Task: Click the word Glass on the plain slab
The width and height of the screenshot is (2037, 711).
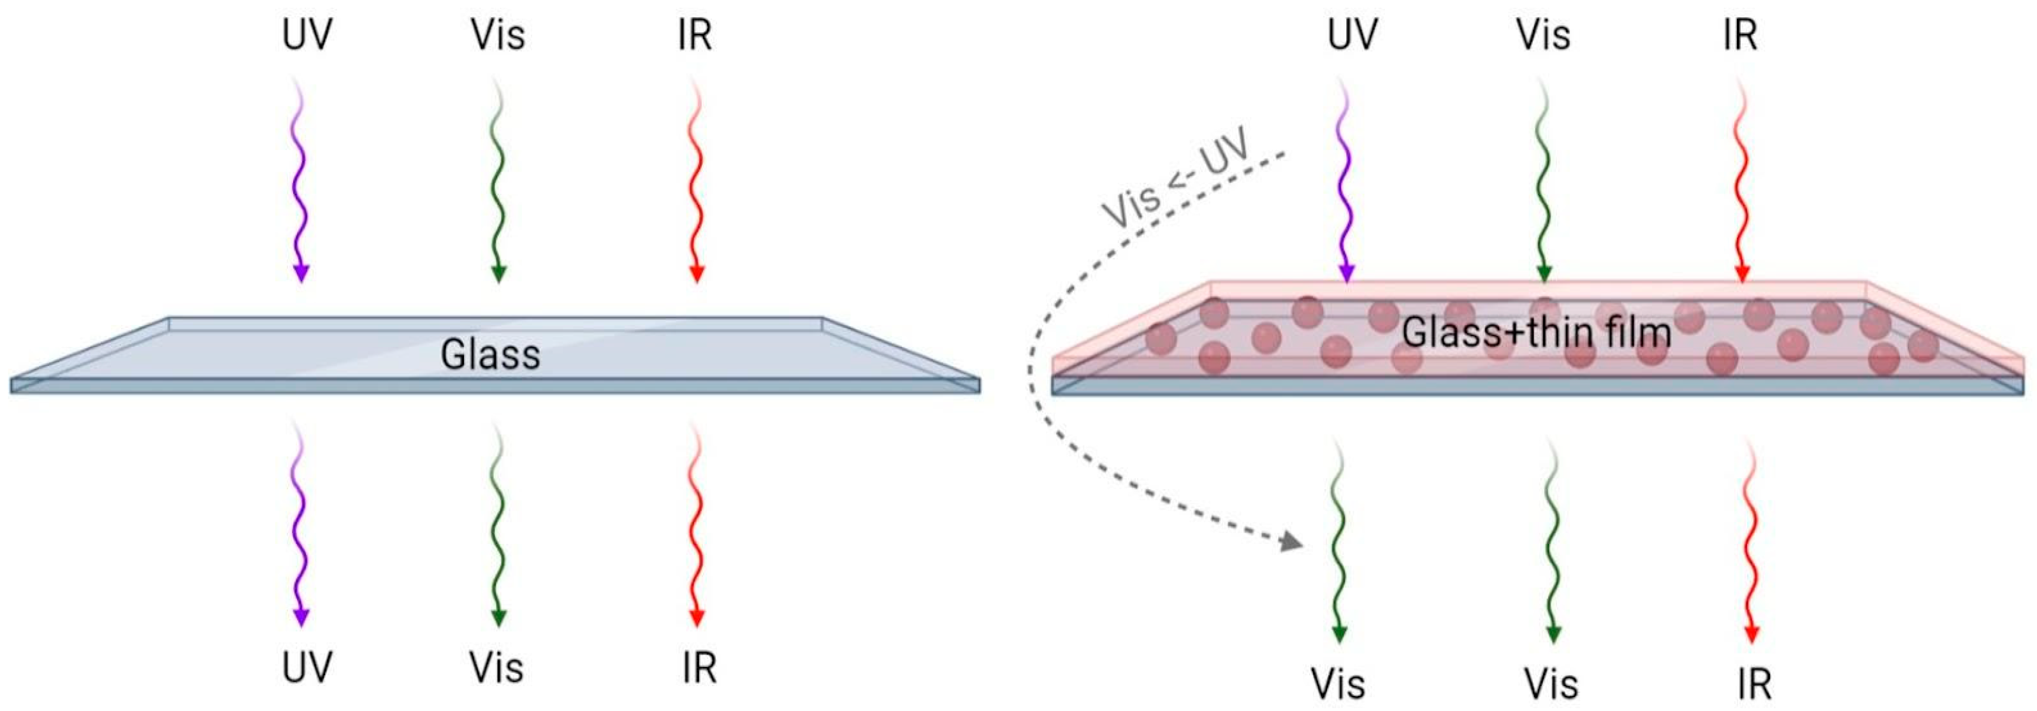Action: [490, 355]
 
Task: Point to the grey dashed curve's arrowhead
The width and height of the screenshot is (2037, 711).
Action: [1291, 542]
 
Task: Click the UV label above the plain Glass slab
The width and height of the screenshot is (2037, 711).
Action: [307, 35]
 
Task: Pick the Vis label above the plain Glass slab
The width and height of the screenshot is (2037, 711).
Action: [497, 35]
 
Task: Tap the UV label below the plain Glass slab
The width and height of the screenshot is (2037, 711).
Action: [307, 668]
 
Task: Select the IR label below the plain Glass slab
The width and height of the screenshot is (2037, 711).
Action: [699, 668]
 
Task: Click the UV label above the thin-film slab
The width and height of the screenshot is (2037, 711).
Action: [1352, 35]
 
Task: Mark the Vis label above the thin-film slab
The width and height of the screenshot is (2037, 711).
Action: [1543, 35]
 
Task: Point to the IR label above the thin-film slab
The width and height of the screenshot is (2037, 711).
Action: [1740, 35]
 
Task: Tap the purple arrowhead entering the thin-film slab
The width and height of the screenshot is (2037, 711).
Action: [1347, 273]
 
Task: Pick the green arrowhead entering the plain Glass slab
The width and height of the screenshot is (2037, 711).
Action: [498, 274]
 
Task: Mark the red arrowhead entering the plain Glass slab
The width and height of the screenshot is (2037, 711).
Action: [697, 274]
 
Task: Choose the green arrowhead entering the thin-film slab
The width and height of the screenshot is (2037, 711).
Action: [1544, 273]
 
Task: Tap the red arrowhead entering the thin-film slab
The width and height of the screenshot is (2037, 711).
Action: [1741, 273]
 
